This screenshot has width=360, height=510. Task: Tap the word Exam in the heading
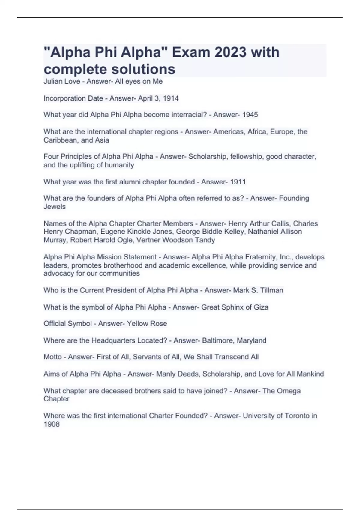point(191,52)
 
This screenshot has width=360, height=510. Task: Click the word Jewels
point(54,207)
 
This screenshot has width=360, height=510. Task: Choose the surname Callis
point(276,224)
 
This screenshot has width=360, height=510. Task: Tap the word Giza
point(261,307)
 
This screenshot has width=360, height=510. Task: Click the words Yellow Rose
point(147,324)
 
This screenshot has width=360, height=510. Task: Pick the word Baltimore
point(217,340)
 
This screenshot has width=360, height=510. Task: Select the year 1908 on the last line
point(51,424)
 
